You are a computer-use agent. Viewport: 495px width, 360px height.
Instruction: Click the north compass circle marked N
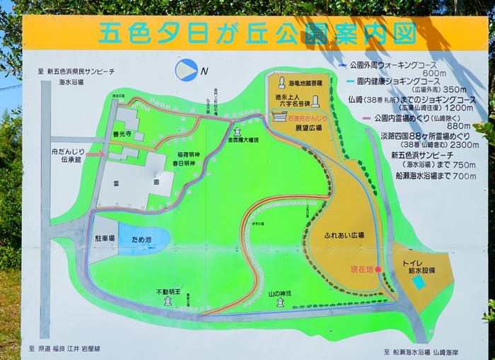point(186,69)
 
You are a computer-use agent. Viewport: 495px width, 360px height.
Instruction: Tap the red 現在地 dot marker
point(378,269)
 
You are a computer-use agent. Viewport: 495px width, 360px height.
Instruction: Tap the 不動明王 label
point(168,291)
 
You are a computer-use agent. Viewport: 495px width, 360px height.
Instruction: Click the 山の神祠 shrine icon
point(280,303)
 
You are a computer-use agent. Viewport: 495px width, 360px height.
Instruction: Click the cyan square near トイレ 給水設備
point(419,282)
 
